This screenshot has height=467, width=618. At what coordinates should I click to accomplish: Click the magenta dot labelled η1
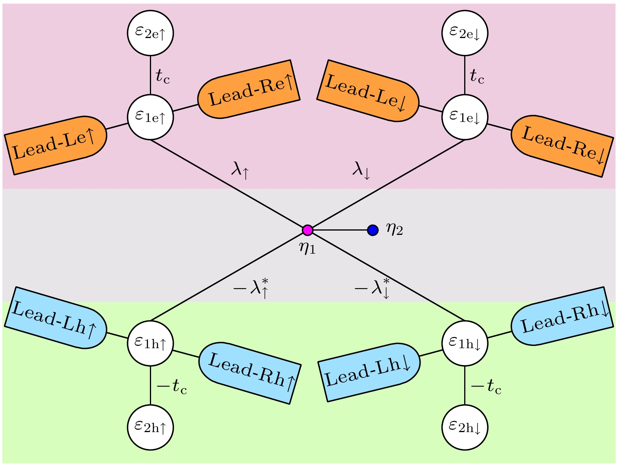point(308,230)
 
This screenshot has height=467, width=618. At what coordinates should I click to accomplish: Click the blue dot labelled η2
point(373,230)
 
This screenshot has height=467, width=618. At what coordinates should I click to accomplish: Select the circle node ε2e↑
point(150,33)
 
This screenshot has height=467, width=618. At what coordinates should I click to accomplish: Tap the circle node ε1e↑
point(150,117)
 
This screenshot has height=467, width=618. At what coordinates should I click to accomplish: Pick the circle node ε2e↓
point(465,33)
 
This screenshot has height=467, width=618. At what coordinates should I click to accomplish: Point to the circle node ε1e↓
point(465,117)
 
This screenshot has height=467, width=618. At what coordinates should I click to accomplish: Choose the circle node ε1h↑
point(150,343)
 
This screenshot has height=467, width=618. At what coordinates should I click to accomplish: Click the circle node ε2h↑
point(150,427)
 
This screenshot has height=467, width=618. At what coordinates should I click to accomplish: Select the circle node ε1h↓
point(465,343)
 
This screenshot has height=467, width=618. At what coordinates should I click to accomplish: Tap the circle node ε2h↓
point(465,427)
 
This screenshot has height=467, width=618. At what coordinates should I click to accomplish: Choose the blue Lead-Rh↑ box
point(250,373)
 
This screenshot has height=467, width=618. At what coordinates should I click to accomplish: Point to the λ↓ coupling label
point(361,171)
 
